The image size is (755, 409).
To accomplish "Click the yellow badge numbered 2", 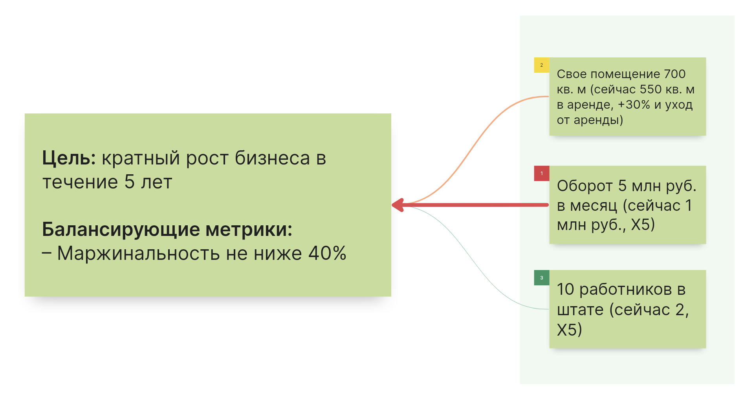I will pyautogui.click(x=541, y=65).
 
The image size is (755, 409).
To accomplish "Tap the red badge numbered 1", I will pyautogui.click(x=541, y=173).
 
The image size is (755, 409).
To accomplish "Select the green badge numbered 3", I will pyautogui.click(x=541, y=278).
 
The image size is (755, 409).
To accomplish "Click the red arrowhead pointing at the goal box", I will pyautogui.click(x=398, y=205).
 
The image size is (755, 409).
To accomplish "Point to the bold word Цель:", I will pyautogui.click(x=69, y=158).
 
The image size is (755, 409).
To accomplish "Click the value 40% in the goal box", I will pyautogui.click(x=327, y=253).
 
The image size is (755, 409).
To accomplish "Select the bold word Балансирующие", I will pyautogui.click(x=121, y=230).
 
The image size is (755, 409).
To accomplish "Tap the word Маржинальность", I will pyautogui.click(x=138, y=253).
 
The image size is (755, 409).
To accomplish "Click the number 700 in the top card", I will pyautogui.click(x=674, y=74).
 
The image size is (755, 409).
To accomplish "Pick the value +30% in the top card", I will pyautogui.click(x=634, y=105).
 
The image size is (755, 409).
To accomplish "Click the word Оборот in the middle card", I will pyautogui.click(x=585, y=186).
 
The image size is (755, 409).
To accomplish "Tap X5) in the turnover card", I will pyautogui.click(x=643, y=225).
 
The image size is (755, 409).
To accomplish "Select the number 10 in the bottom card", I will pyautogui.click(x=565, y=289).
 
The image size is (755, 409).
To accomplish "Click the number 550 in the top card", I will pyautogui.click(x=651, y=89).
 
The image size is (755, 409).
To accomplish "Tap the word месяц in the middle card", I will pyautogui.click(x=594, y=206).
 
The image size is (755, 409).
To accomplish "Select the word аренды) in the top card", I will pyautogui.click(x=598, y=120).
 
